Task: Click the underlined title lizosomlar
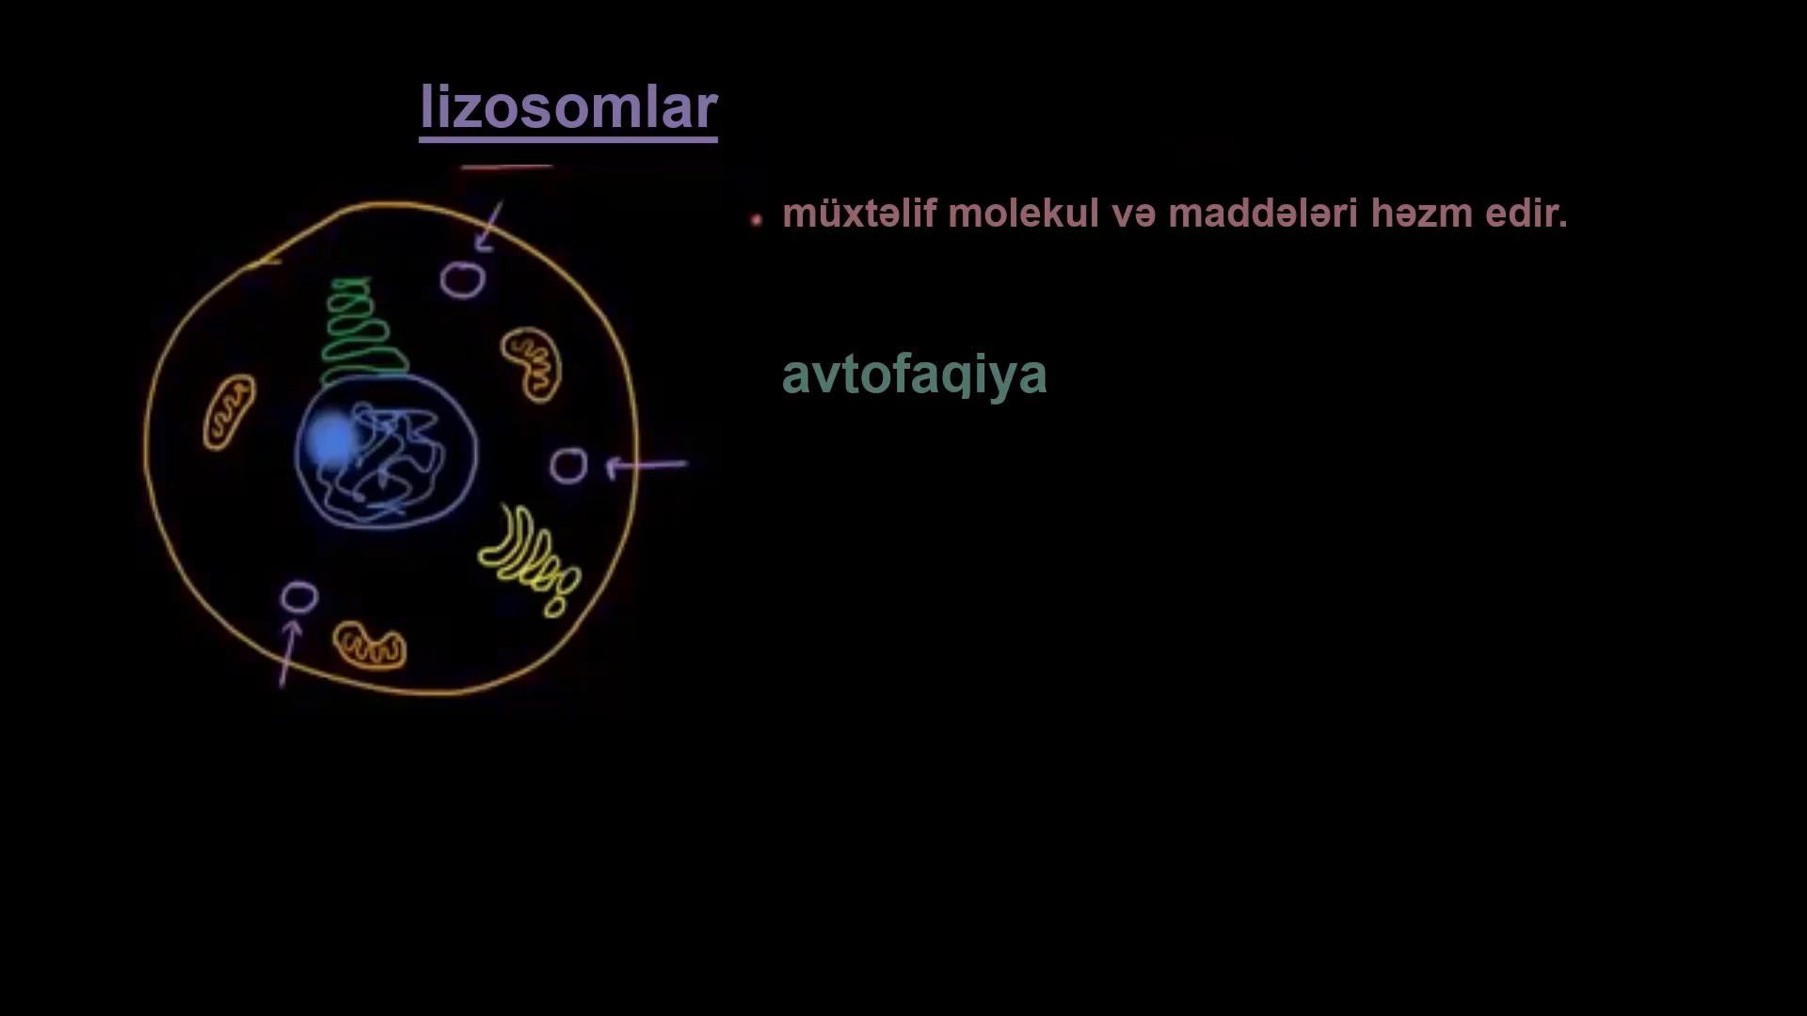(x=568, y=108)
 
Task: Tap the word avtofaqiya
(x=914, y=375)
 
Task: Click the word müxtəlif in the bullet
(x=859, y=214)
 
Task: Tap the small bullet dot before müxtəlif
(x=757, y=220)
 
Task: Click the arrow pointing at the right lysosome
(x=647, y=465)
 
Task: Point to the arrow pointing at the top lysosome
(x=489, y=227)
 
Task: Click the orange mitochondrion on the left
(x=229, y=412)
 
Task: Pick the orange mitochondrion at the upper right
(x=532, y=364)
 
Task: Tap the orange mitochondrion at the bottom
(x=369, y=646)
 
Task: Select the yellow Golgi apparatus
(x=529, y=561)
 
